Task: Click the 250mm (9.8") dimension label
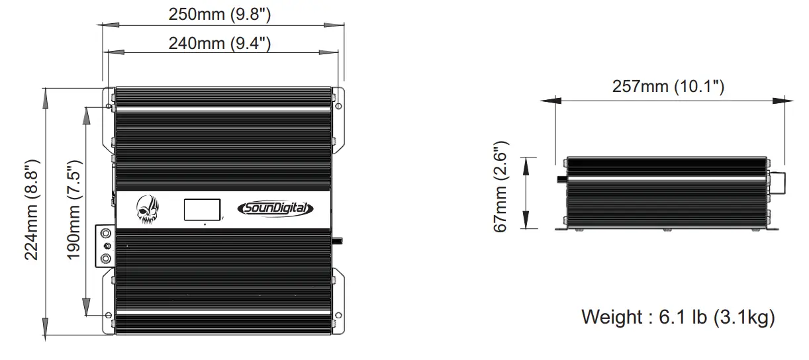point(220,15)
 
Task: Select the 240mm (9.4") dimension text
point(220,44)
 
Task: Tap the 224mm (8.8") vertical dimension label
point(34,210)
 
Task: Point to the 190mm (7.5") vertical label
point(74,210)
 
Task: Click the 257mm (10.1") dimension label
point(669,87)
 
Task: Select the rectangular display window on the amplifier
point(202,210)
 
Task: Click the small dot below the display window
point(205,225)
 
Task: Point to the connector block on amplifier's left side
point(105,246)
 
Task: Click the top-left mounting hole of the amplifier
point(107,106)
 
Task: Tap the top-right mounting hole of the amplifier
point(338,106)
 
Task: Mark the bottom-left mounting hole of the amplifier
point(107,315)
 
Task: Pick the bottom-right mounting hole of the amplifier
point(338,315)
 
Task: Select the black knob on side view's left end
point(561,179)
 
